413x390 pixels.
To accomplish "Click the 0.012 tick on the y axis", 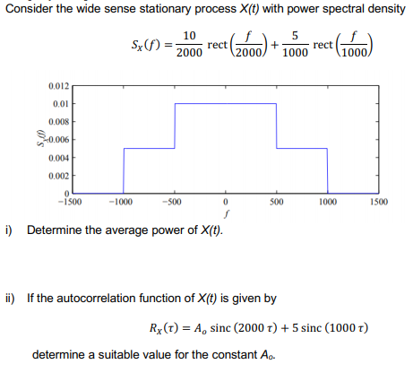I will pyautogui.click(x=56, y=85).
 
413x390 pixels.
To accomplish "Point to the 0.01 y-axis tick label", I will pyautogui.click(x=58, y=103).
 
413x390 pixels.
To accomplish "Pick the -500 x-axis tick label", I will pyautogui.click(x=174, y=204).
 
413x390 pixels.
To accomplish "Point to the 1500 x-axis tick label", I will pyautogui.click(x=378, y=204).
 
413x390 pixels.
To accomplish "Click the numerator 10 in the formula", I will pyautogui.click(x=189, y=36).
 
